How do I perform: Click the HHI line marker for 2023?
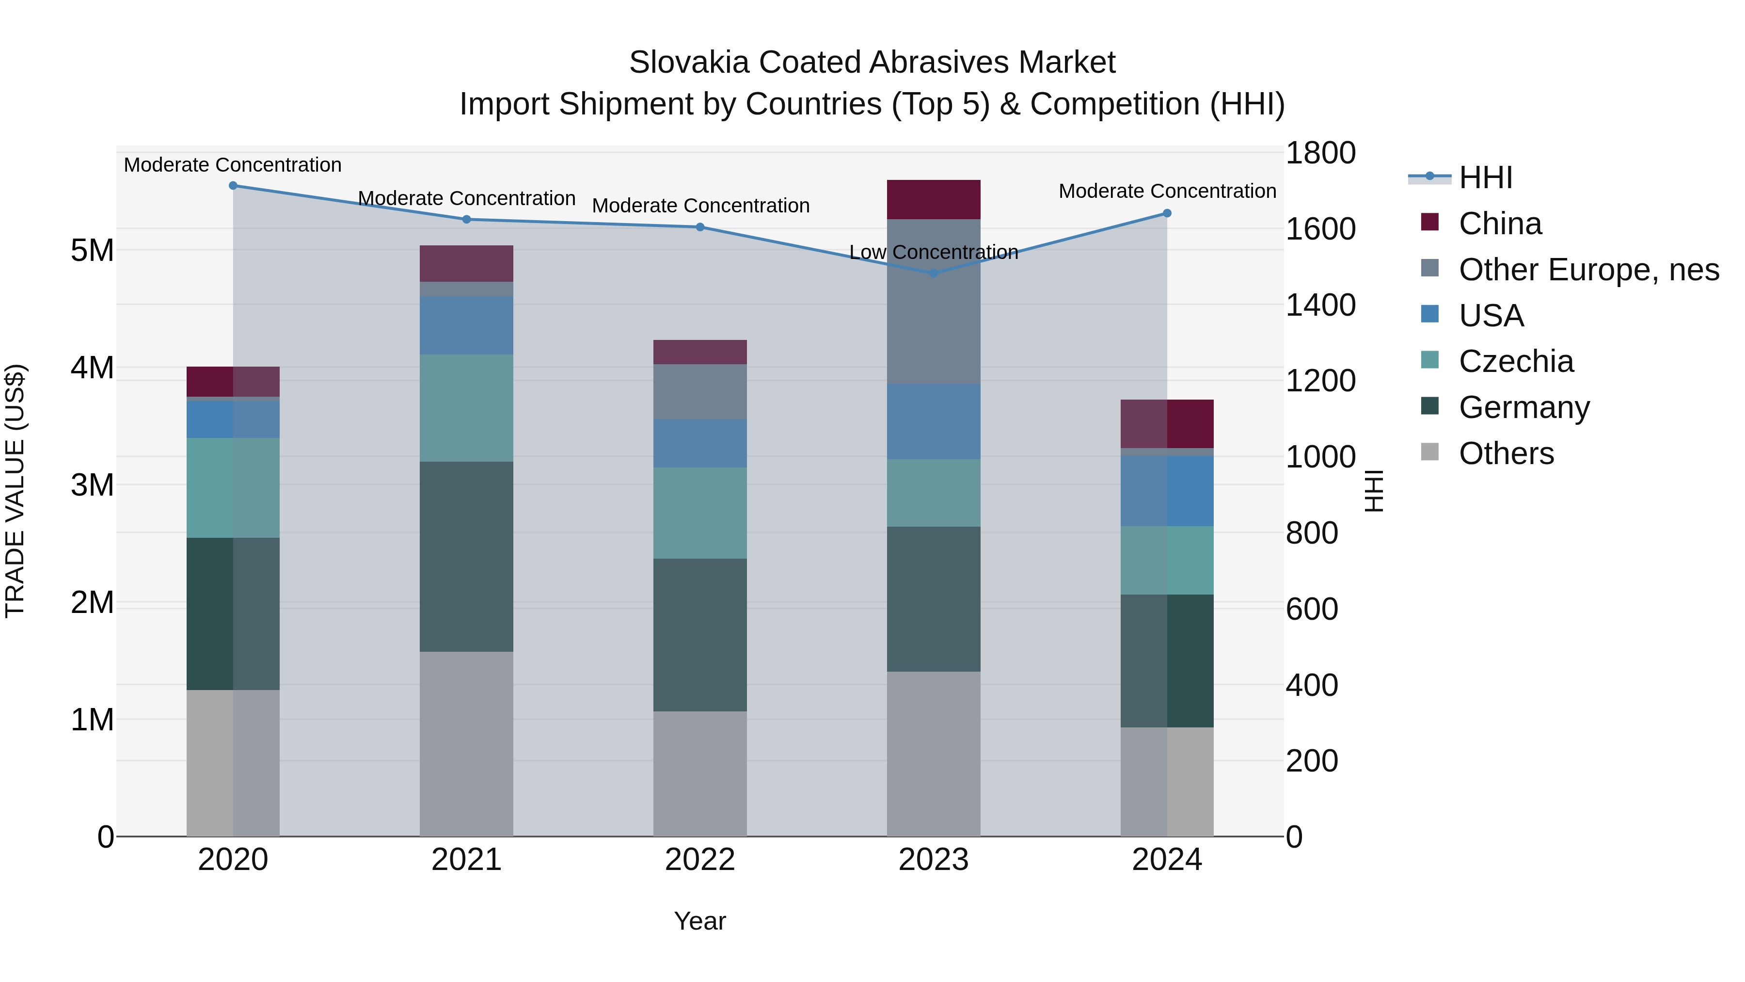(x=934, y=273)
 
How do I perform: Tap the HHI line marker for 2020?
(x=233, y=186)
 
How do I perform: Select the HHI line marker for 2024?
(x=1167, y=213)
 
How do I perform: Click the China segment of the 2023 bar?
(x=934, y=199)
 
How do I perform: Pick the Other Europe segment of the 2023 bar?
(x=934, y=302)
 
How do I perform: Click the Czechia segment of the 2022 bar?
(x=700, y=513)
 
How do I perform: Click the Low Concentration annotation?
(x=934, y=252)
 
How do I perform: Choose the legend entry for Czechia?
(x=1516, y=361)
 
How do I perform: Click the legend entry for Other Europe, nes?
(x=1588, y=270)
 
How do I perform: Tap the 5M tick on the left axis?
(x=92, y=251)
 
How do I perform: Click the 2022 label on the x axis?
(x=700, y=860)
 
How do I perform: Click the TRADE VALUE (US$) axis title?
(x=15, y=491)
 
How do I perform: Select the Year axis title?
(x=700, y=921)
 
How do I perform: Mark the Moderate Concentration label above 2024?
(x=1167, y=191)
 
